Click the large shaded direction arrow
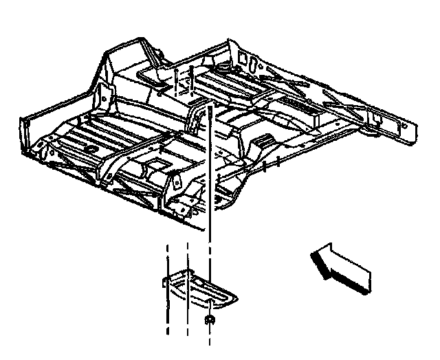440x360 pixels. point(340,269)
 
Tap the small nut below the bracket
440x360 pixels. point(209,321)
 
